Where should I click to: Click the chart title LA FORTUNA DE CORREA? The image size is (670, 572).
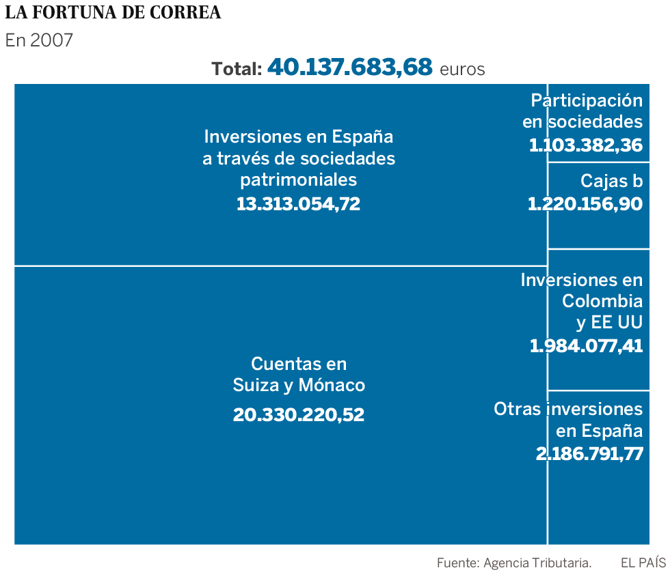click(x=113, y=13)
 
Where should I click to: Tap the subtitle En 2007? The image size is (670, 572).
click(x=39, y=40)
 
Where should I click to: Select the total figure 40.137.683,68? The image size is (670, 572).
click(x=349, y=67)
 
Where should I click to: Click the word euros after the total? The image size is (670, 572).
click(x=462, y=69)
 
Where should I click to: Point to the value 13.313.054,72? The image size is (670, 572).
click(x=298, y=204)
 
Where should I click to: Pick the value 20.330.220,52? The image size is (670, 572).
click(x=298, y=414)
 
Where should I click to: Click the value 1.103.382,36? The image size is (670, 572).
click(x=586, y=145)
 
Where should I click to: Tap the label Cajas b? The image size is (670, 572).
click(x=612, y=181)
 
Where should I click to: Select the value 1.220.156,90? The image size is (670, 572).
click(x=585, y=203)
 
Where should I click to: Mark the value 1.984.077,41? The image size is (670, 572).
click(x=586, y=346)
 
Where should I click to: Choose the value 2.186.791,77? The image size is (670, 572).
click(x=589, y=454)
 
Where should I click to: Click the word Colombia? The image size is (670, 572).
click(x=602, y=301)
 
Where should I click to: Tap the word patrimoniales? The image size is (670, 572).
click(x=299, y=180)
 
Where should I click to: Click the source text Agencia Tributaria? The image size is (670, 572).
click(x=537, y=563)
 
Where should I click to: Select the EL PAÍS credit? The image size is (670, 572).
click(x=643, y=563)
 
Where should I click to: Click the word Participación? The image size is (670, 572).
click(x=587, y=100)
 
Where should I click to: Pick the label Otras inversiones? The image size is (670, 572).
click(x=568, y=409)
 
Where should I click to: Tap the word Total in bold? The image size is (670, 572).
click(x=237, y=69)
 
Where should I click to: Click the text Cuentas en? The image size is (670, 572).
click(x=299, y=363)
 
